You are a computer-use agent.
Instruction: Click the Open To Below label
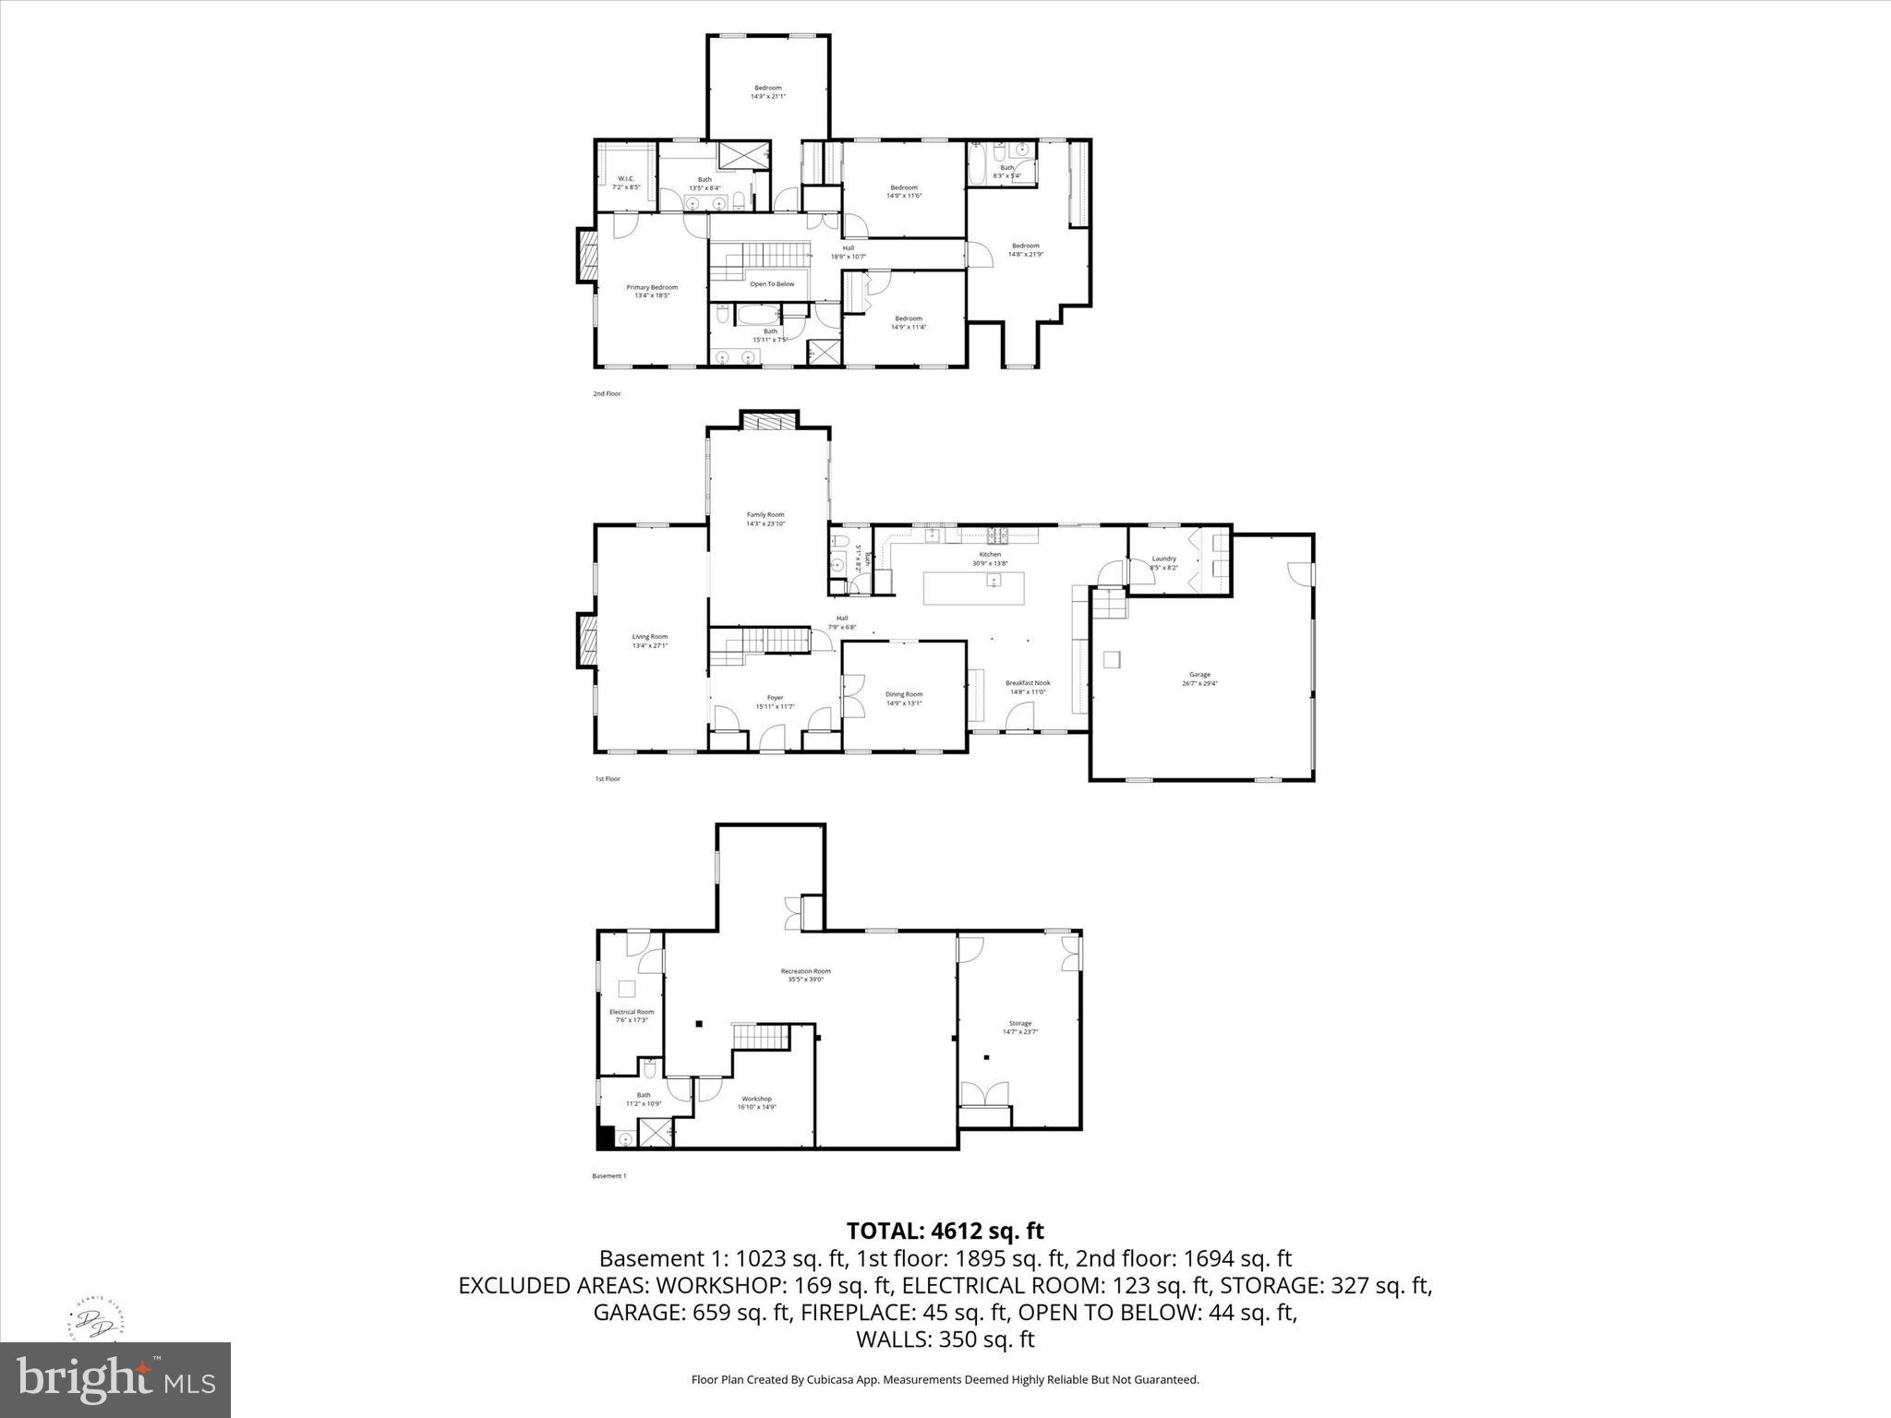[x=772, y=284]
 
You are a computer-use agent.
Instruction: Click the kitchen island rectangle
[x=974, y=588]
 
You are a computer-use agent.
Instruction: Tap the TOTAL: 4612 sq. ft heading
[x=945, y=1231]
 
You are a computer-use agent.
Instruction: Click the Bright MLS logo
[x=115, y=1379]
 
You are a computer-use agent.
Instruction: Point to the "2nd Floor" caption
[x=607, y=394]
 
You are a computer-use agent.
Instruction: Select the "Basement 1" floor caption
[x=608, y=1176]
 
